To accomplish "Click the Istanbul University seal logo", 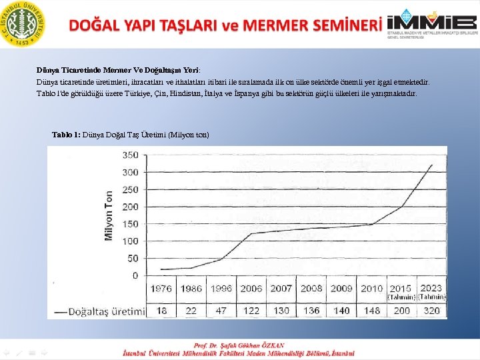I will click(24, 23).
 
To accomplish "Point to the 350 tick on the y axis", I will click(130, 155).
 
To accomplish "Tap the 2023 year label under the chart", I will click(432, 289).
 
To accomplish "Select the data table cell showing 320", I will click(432, 311).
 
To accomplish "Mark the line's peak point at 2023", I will click(432, 165).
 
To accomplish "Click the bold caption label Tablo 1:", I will click(66, 135).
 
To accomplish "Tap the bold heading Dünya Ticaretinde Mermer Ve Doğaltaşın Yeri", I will click(117, 69).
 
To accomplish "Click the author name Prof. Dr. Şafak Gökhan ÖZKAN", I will click(239, 345).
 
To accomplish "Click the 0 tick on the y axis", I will click(135, 275).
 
